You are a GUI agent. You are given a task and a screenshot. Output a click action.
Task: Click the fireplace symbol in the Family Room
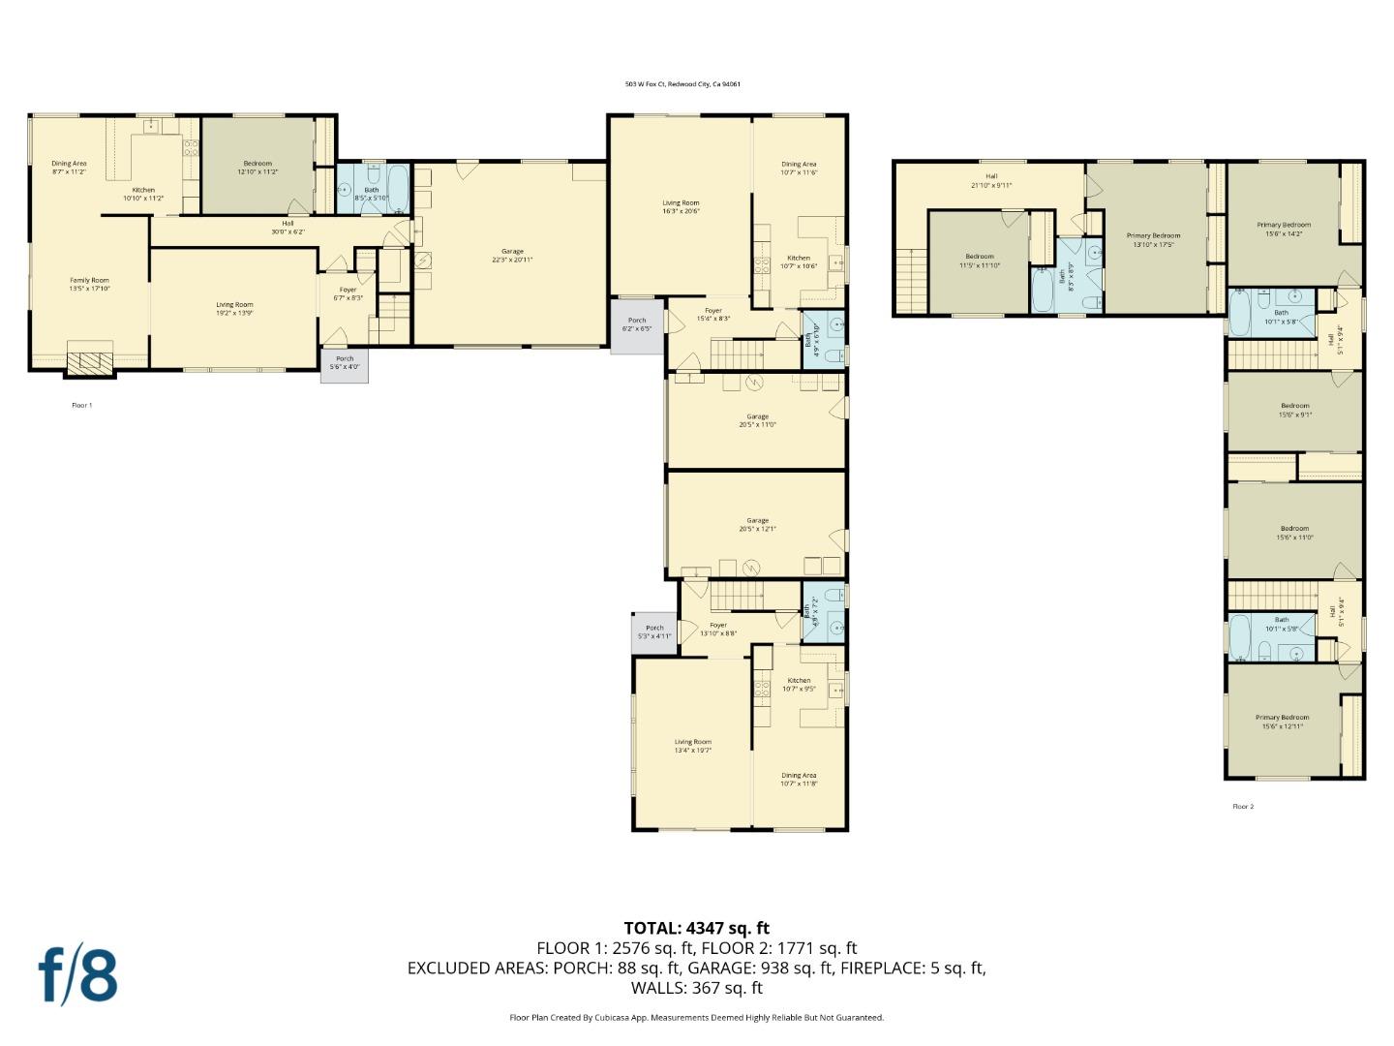tap(89, 362)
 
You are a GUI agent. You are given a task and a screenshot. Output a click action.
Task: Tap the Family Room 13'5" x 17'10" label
tap(89, 285)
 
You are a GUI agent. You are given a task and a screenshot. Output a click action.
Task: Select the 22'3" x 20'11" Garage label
tap(511, 256)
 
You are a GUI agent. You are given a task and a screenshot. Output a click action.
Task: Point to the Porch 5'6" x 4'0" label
tap(345, 362)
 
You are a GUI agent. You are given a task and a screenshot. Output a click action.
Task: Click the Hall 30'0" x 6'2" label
tap(287, 228)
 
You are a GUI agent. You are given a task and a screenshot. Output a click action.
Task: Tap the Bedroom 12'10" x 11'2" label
tap(258, 168)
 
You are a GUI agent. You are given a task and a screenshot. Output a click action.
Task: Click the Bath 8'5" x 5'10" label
tap(372, 192)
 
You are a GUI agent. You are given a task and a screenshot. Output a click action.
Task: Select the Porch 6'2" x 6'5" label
tap(637, 324)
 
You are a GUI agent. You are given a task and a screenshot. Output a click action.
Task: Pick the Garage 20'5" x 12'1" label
tap(757, 525)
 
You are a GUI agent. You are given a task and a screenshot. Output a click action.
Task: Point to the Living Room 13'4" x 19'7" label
tap(693, 746)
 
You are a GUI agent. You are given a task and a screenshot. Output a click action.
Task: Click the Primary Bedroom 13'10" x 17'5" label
tap(1153, 239)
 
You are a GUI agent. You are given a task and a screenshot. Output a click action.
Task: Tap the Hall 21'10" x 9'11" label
tap(991, 180)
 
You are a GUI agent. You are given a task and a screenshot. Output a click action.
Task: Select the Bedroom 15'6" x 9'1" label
tap(1294, 410)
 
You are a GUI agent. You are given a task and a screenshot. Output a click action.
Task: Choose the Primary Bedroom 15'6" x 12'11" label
tap(1285, 722)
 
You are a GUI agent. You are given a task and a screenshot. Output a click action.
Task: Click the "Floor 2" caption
tap(1243, 806)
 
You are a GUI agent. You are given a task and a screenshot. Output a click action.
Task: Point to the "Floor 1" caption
tap(82, 405)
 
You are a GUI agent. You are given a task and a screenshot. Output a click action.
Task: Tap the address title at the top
tap(682, 84)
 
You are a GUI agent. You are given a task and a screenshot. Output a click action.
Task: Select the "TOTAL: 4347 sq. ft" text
tap(696, 929)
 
